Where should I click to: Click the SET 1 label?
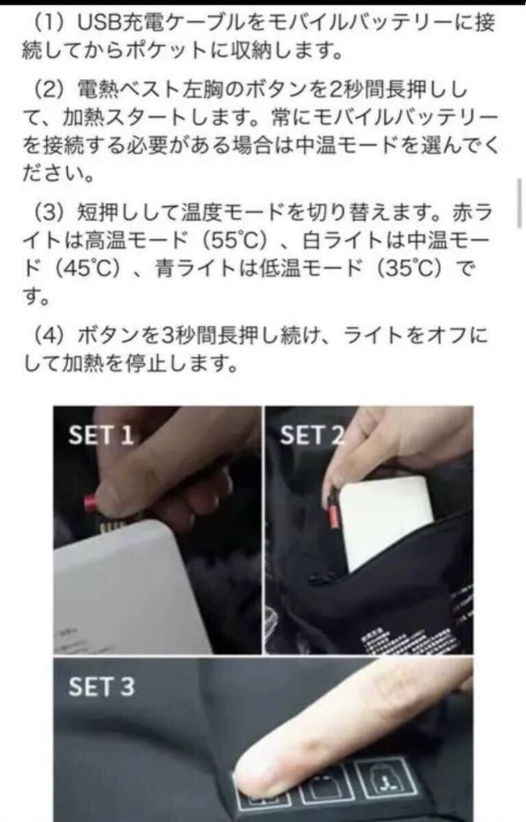click(101, 436)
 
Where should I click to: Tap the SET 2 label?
click(310, 435)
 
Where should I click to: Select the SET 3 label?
click(102, 688)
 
